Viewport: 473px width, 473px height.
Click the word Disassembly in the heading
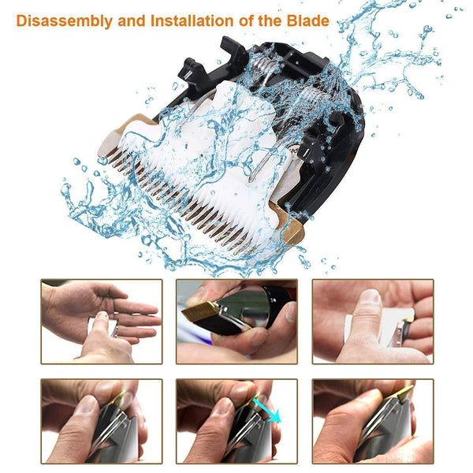(x=65, y=21)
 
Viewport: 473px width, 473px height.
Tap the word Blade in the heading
(x=307, y=20)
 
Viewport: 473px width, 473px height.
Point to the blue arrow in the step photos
(x=266, y=410)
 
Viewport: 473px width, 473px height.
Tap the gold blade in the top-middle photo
(x=200, y=311)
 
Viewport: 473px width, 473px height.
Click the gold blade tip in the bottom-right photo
(x=404, y=393)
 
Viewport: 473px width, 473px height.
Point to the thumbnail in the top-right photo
(x=371, y=296)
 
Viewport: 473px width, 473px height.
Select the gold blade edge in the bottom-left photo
(x=118, y=398)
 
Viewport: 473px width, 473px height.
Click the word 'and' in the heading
(x=132, y=20)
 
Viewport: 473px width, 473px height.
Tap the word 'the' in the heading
(x=270, y=20)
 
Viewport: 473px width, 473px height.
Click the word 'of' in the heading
(x=246, y=20)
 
